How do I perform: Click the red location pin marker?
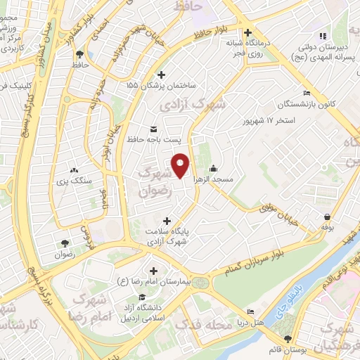(181, 165)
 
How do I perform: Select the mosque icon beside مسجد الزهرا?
(213, 169)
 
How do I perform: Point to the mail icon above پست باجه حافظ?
(154, 128)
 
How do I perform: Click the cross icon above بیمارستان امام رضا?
(154, 271)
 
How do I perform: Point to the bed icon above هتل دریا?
(252, 312)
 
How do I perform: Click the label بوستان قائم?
(274, 349)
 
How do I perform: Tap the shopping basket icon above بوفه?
(327, 217)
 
